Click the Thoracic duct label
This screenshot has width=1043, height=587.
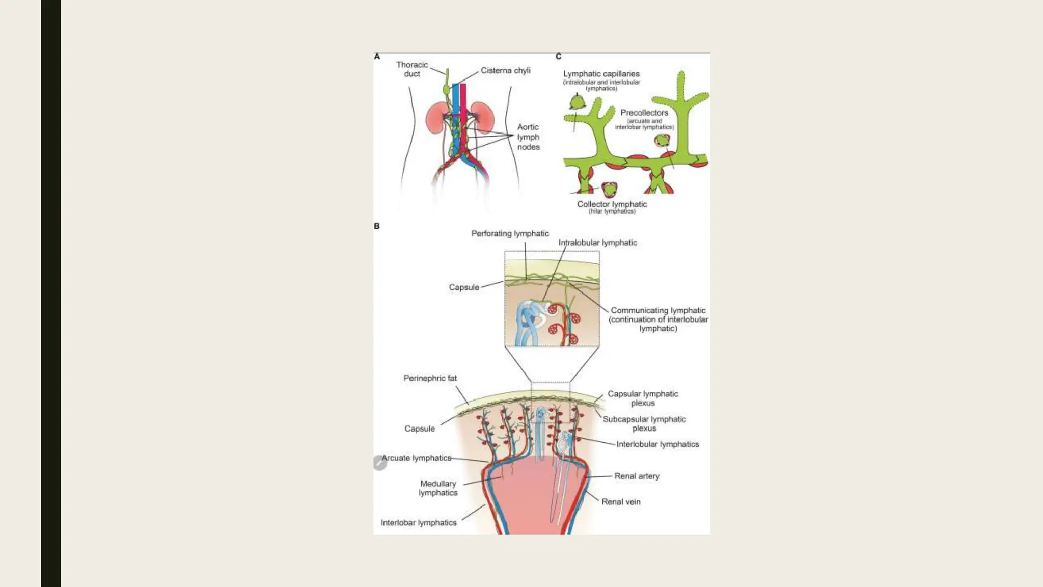412,69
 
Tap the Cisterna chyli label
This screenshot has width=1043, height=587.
505,70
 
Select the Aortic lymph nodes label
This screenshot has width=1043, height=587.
528,137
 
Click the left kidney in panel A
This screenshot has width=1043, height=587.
436,118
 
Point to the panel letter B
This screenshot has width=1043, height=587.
377,226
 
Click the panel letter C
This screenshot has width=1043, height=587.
559,57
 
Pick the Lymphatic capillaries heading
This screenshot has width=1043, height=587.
601,74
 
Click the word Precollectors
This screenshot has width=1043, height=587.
644,113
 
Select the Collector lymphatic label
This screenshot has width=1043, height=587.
612,204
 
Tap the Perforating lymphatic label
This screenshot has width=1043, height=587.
510,233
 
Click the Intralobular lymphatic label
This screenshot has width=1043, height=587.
597,243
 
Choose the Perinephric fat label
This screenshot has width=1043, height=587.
430,378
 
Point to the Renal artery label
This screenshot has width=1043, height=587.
637,476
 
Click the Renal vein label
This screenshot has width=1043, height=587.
621,502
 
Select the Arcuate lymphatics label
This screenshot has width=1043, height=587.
417,458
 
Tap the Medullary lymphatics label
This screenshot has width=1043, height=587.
438,488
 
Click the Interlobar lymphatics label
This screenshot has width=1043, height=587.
419,523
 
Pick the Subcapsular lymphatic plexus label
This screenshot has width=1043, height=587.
644,423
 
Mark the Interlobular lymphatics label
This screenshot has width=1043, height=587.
657,444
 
